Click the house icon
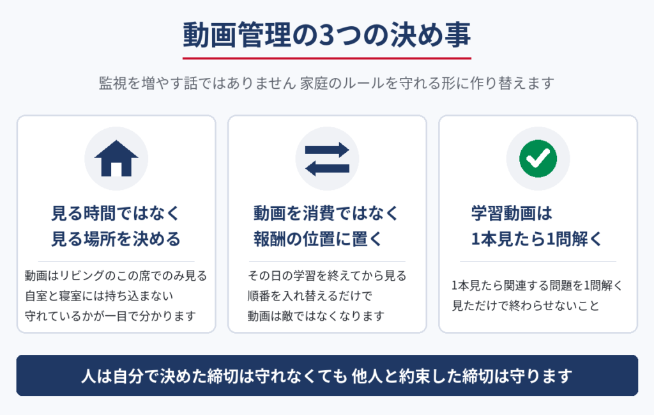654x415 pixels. point(116,158)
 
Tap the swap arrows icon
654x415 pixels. point(327,159)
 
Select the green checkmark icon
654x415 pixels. point(538,159)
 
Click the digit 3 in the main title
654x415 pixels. point(328,35)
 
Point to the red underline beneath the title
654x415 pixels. point(327,58)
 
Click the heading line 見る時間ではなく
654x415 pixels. point(116,214)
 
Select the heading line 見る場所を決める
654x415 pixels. point(116,239)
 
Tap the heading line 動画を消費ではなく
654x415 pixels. point(326,214)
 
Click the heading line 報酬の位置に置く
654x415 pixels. point(318,239)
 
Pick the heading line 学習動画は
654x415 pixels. point(512,214)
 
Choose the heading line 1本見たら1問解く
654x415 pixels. point(536,239)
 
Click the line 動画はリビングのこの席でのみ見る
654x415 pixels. point(116,276)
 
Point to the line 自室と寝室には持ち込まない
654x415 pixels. point(99,296)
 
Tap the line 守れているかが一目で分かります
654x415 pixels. point(110,316)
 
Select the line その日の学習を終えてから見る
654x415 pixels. point(327,276)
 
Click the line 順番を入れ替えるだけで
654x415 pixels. point(310,296)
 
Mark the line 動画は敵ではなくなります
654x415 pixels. point(316,316)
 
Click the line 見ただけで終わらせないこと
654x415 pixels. point(526,306)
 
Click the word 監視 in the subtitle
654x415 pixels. point(112,83)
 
